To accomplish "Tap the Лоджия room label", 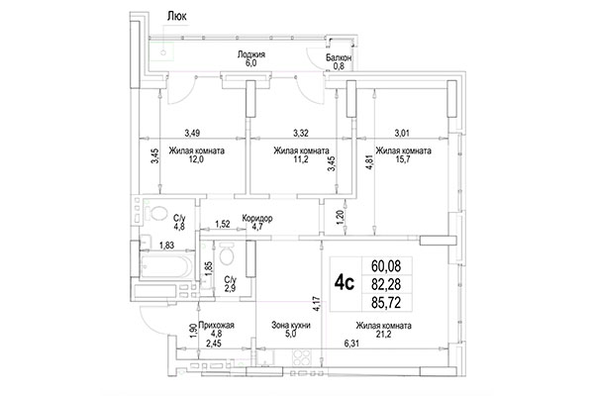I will click(x=252, y=55).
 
